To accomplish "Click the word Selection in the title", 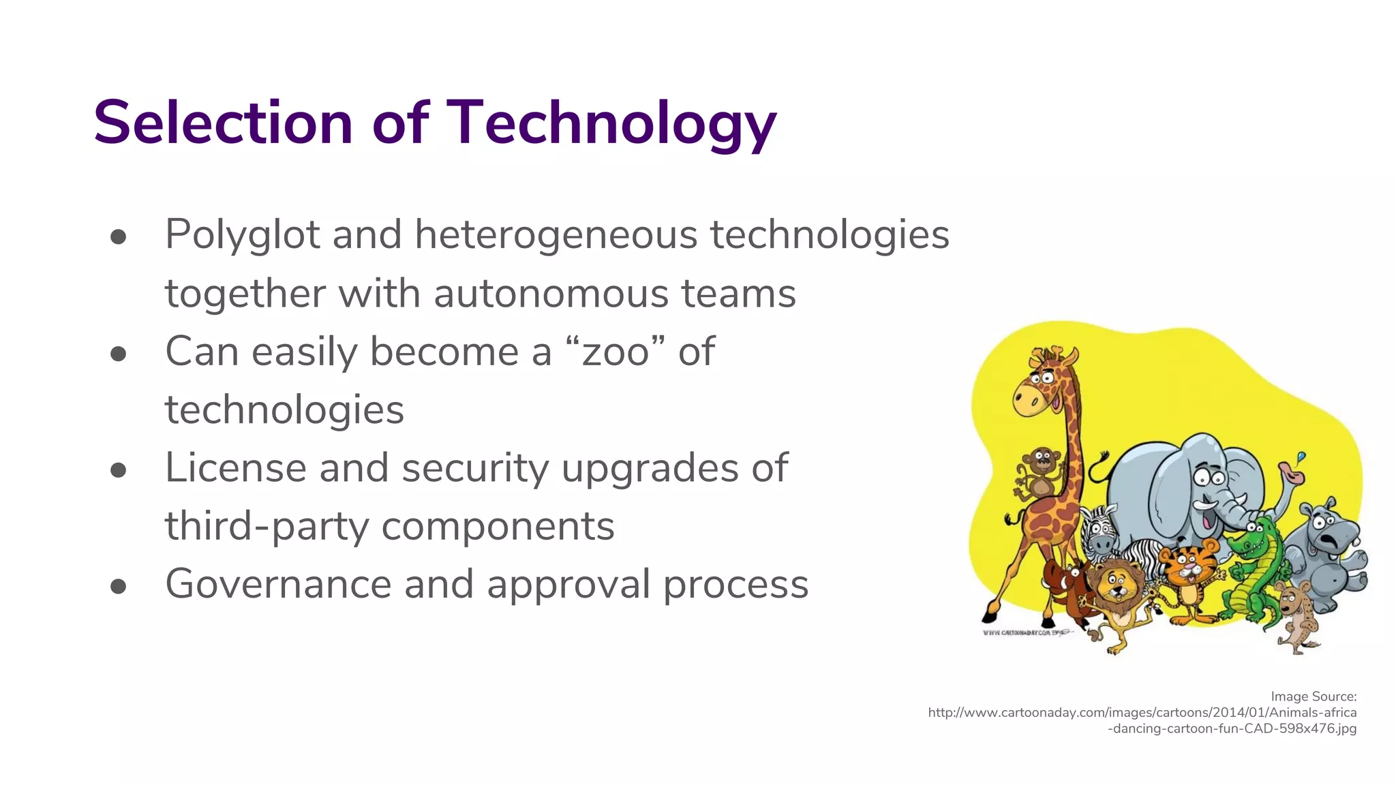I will tap(223, 123).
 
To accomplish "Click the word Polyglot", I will tap(242, 235).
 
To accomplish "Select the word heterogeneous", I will tap(556, 235).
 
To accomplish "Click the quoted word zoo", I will tap(615, 352).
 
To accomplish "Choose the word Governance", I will tap(277, 585).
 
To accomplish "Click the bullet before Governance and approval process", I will tap(119, 586).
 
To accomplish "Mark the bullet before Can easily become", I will tap(119, 354).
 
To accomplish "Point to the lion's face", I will tap(1115, 586).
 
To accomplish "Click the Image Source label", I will tap(1314, 696).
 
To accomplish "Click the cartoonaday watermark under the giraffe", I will tap(1026, 633).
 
